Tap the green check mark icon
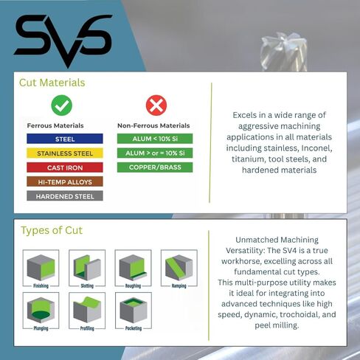point(61,105)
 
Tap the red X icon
point(156,105)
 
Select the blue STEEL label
point(65,139)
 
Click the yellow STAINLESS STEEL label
point(65,153)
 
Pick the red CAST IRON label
point(65,167)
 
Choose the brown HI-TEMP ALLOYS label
point(65,181)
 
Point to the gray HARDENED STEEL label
point(65,195)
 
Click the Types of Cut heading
point(52,231)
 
